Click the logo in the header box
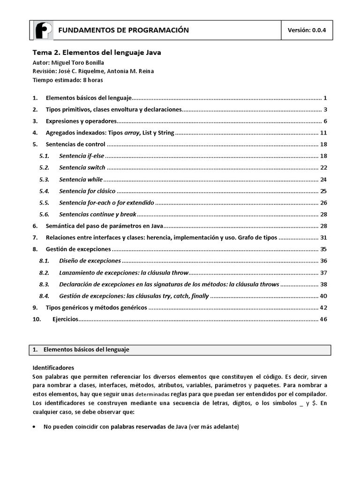(x=44, y=30)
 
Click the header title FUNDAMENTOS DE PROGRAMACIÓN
(x=123, y=30)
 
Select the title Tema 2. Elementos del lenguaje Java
(x=97, y=53)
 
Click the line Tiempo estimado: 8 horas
(x=67, y=80)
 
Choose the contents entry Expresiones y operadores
(x=81, y=121)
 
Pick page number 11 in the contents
(x=323, y=133)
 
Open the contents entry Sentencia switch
(x=82, y=167)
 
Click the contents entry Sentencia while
(x=81, y=179)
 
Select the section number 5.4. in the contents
(x=45, y=191)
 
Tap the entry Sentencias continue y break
(x=97, y=214)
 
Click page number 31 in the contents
(x=323, y=237)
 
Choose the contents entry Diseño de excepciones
(x=90, y=261)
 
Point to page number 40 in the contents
(x=323, y=296)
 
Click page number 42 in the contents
(x=323, y=307)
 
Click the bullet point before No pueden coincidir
(x=36, y=427)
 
